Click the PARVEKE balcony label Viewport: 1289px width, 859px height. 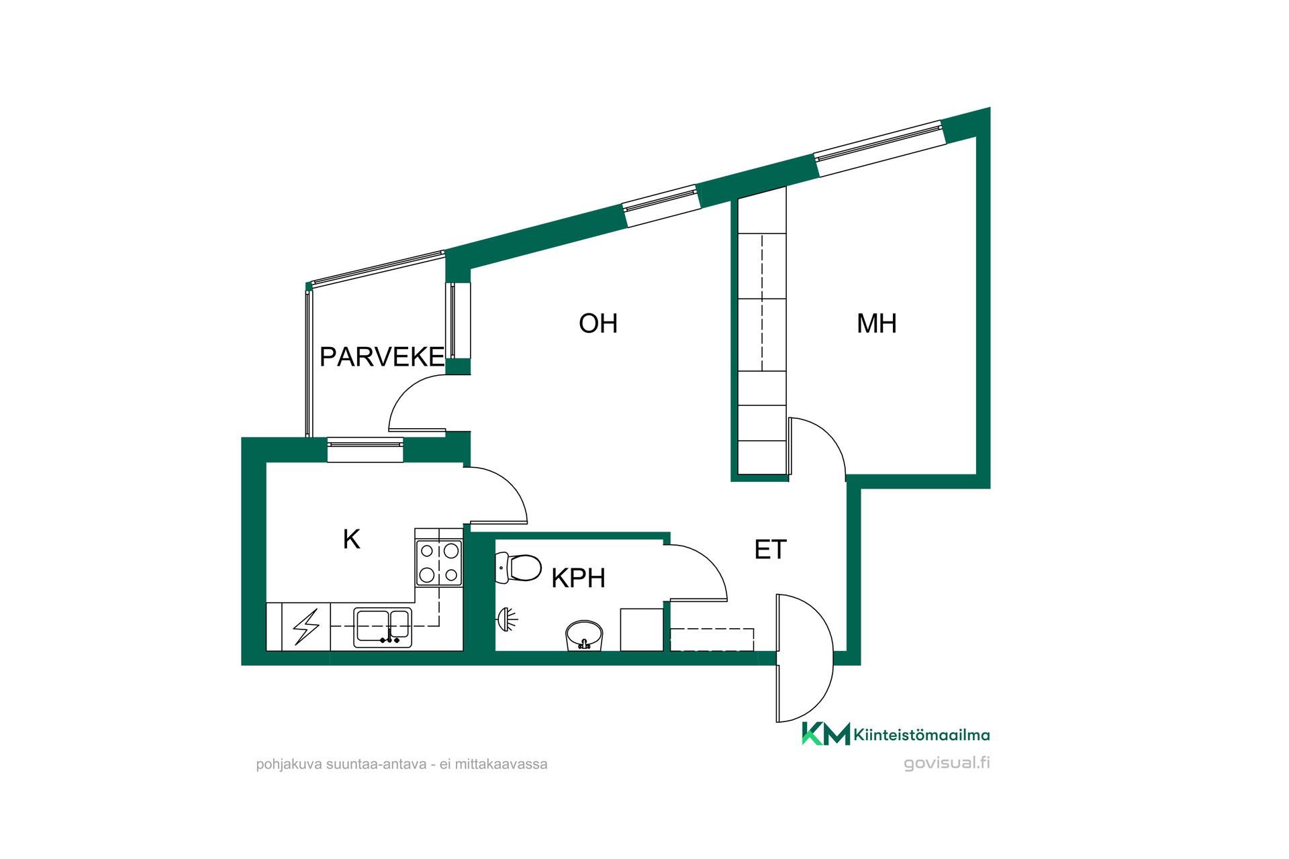(381, 357)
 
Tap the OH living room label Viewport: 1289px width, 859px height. (598, 323)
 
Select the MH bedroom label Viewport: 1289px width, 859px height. (877, 323)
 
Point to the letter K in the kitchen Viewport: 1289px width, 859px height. (352, 539)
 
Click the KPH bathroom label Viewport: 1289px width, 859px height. (578, 578)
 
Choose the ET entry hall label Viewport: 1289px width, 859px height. (770, 550)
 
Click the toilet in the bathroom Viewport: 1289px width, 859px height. (518, 568)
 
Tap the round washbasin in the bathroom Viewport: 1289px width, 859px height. (584, 635)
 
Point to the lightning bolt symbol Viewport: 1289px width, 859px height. (306, 627)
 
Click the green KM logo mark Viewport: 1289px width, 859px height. (826, 734)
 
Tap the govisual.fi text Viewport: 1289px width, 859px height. (947, 763)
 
